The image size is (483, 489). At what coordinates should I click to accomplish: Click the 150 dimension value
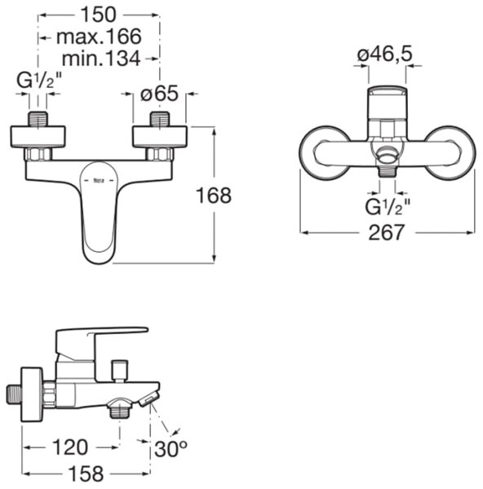tap(99, 15)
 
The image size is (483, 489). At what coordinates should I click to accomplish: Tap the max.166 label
tap(99, 37)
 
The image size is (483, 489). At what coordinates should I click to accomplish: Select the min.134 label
tap(101, 59)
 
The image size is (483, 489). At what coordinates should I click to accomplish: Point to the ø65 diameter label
tap(159, 93)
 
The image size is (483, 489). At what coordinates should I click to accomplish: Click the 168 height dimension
tap(214, 196)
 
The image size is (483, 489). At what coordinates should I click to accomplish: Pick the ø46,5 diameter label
tap(385, 54)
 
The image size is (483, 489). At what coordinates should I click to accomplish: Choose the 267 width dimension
tap(387, 232)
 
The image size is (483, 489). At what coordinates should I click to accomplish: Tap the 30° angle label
tap(171, 449)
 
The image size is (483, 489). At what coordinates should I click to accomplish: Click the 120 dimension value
tap(70, 447)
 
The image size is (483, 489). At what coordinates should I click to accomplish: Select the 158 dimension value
tap(86, 474)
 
